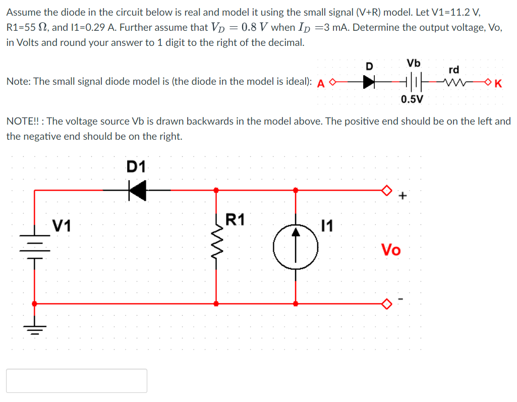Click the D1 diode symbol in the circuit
(x=137, y=191)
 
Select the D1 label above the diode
(x=136, y=166)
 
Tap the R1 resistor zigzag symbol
(x=216, y=247)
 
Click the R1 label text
(x=236, y=220)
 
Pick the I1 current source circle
(x=296, y=247)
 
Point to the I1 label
(x=327, y=225)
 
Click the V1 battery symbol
(x=34, y=247)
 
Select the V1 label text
(x=62, y=225)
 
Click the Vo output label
(x=391, y=250)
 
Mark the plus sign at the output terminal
(x=402, y=196)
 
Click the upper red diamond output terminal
(x=386, y=191)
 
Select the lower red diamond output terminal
(x=386, y=304)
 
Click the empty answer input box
(x=77, y=380)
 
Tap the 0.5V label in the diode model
(x=412, y=99)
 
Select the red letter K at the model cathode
(x=498, y=84)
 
